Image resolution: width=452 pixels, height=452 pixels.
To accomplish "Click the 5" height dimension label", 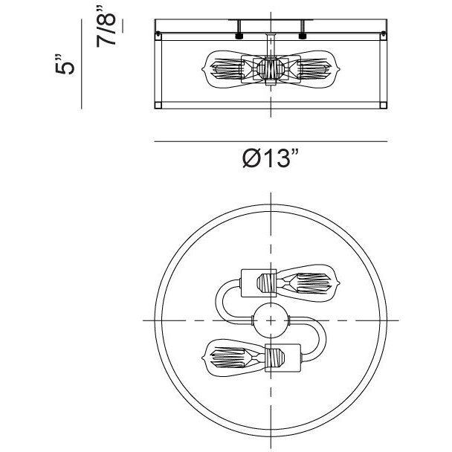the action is [65, 64].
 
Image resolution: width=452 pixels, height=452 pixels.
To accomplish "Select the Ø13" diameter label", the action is [270, 158].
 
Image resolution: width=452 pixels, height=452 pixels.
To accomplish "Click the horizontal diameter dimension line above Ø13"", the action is [271, 141].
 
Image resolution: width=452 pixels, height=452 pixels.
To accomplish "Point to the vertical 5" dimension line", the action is [82, 64].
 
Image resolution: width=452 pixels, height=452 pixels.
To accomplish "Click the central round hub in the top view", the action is [271, 320].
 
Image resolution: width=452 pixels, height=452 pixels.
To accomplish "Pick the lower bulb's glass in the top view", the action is [234, 358].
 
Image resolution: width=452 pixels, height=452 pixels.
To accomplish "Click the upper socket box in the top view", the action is [259, 283].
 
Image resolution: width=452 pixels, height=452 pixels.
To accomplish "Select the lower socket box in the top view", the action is [282, 358].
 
